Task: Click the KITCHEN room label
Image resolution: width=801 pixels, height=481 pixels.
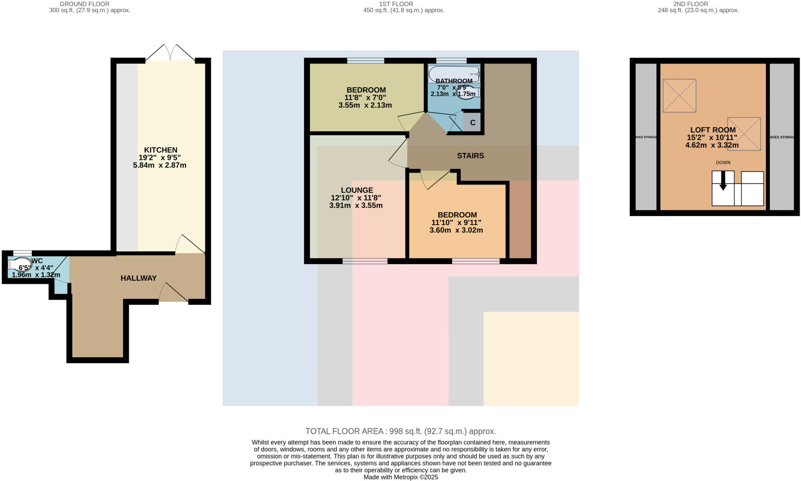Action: click(160, 150)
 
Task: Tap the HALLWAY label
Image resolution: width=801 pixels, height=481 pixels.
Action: click(138, 278)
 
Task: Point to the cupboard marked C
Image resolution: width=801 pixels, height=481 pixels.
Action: click(472, 123)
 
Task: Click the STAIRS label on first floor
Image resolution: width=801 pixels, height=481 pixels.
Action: click(470, 156)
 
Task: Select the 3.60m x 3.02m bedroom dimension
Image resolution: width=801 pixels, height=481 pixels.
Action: click(456, 230)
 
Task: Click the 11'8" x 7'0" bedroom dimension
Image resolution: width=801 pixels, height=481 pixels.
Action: click(366, 97)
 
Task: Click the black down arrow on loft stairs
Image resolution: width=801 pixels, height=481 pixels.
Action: click(723, 181)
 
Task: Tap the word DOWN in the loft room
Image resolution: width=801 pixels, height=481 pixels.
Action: click(723, 162)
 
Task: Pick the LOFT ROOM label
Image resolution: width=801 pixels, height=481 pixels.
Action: click(713, 130)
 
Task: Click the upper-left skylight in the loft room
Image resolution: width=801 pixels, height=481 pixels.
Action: click(679, 95)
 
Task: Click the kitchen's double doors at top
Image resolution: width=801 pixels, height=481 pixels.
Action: click(170, 53)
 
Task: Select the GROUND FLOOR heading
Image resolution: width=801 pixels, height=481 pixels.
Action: click(84, 4)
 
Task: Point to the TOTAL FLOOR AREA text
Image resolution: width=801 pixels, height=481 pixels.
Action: click(400, 431)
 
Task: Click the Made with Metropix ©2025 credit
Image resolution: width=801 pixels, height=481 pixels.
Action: click(400, 477)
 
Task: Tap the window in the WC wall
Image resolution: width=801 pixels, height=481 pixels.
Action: click(22, 253)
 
